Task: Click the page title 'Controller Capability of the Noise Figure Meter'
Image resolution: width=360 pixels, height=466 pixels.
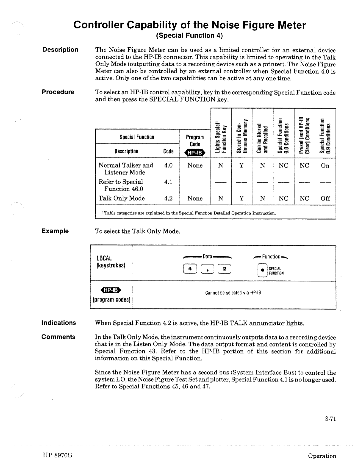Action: point(189,25)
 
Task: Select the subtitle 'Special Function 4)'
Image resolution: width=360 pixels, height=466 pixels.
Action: point(189,35)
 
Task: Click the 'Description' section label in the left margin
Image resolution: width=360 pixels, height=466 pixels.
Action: point(60,50)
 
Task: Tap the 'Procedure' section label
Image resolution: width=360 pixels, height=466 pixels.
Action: point(58,92)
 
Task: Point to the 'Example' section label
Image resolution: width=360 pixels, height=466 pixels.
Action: point(55,231)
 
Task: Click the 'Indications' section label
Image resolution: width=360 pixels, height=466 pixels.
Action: point(59,323)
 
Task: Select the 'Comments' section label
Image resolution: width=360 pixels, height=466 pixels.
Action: point(58,337)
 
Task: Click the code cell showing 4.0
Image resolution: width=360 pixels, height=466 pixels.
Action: point(168,165)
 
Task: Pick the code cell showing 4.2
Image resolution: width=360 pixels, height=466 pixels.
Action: point(168,198)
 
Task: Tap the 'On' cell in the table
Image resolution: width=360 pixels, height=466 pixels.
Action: point(325,166)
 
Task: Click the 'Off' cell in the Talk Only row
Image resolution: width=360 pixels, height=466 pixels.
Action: point(325,198)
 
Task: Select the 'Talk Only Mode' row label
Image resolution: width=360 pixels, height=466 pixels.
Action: point(121,198)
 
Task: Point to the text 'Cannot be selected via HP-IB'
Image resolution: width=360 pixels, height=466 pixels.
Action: point(233,293)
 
